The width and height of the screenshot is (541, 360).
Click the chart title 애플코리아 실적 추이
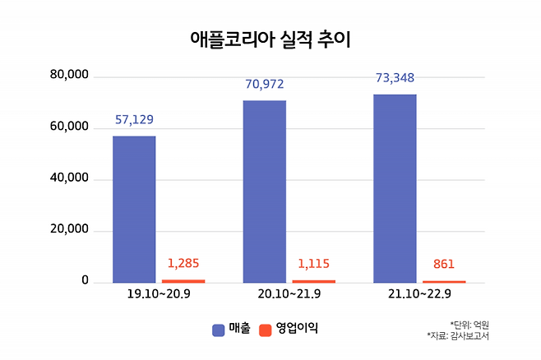pyautogui.click(x=270, y=39)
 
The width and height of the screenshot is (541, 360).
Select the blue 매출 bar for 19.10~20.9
pyautogui.click(x=134, y=209)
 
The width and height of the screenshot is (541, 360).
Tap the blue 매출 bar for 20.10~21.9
pyautogui.click(x=265, y=192)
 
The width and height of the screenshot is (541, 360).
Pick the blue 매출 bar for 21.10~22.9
pyautogui.click(x=395, y=188)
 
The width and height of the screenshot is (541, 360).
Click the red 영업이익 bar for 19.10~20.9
pyautogui.click(x=183, y=281)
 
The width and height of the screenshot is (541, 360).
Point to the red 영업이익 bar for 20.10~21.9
pyautogui.click(x=313, y=281)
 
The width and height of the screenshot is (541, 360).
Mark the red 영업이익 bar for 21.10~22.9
pyautogui.click(x=444, y=282)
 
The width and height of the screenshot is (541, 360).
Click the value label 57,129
pyautogui.click(x=134, y=120)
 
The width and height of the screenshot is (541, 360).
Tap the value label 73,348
pyautogui.click(x=395, y=78)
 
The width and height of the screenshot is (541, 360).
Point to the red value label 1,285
pyautogui.click(x=183, y=264)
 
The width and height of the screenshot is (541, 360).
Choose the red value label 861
pyautogui.click(x=444, y=265)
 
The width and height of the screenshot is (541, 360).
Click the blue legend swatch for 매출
pyautogui.click(x=219, y=330)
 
